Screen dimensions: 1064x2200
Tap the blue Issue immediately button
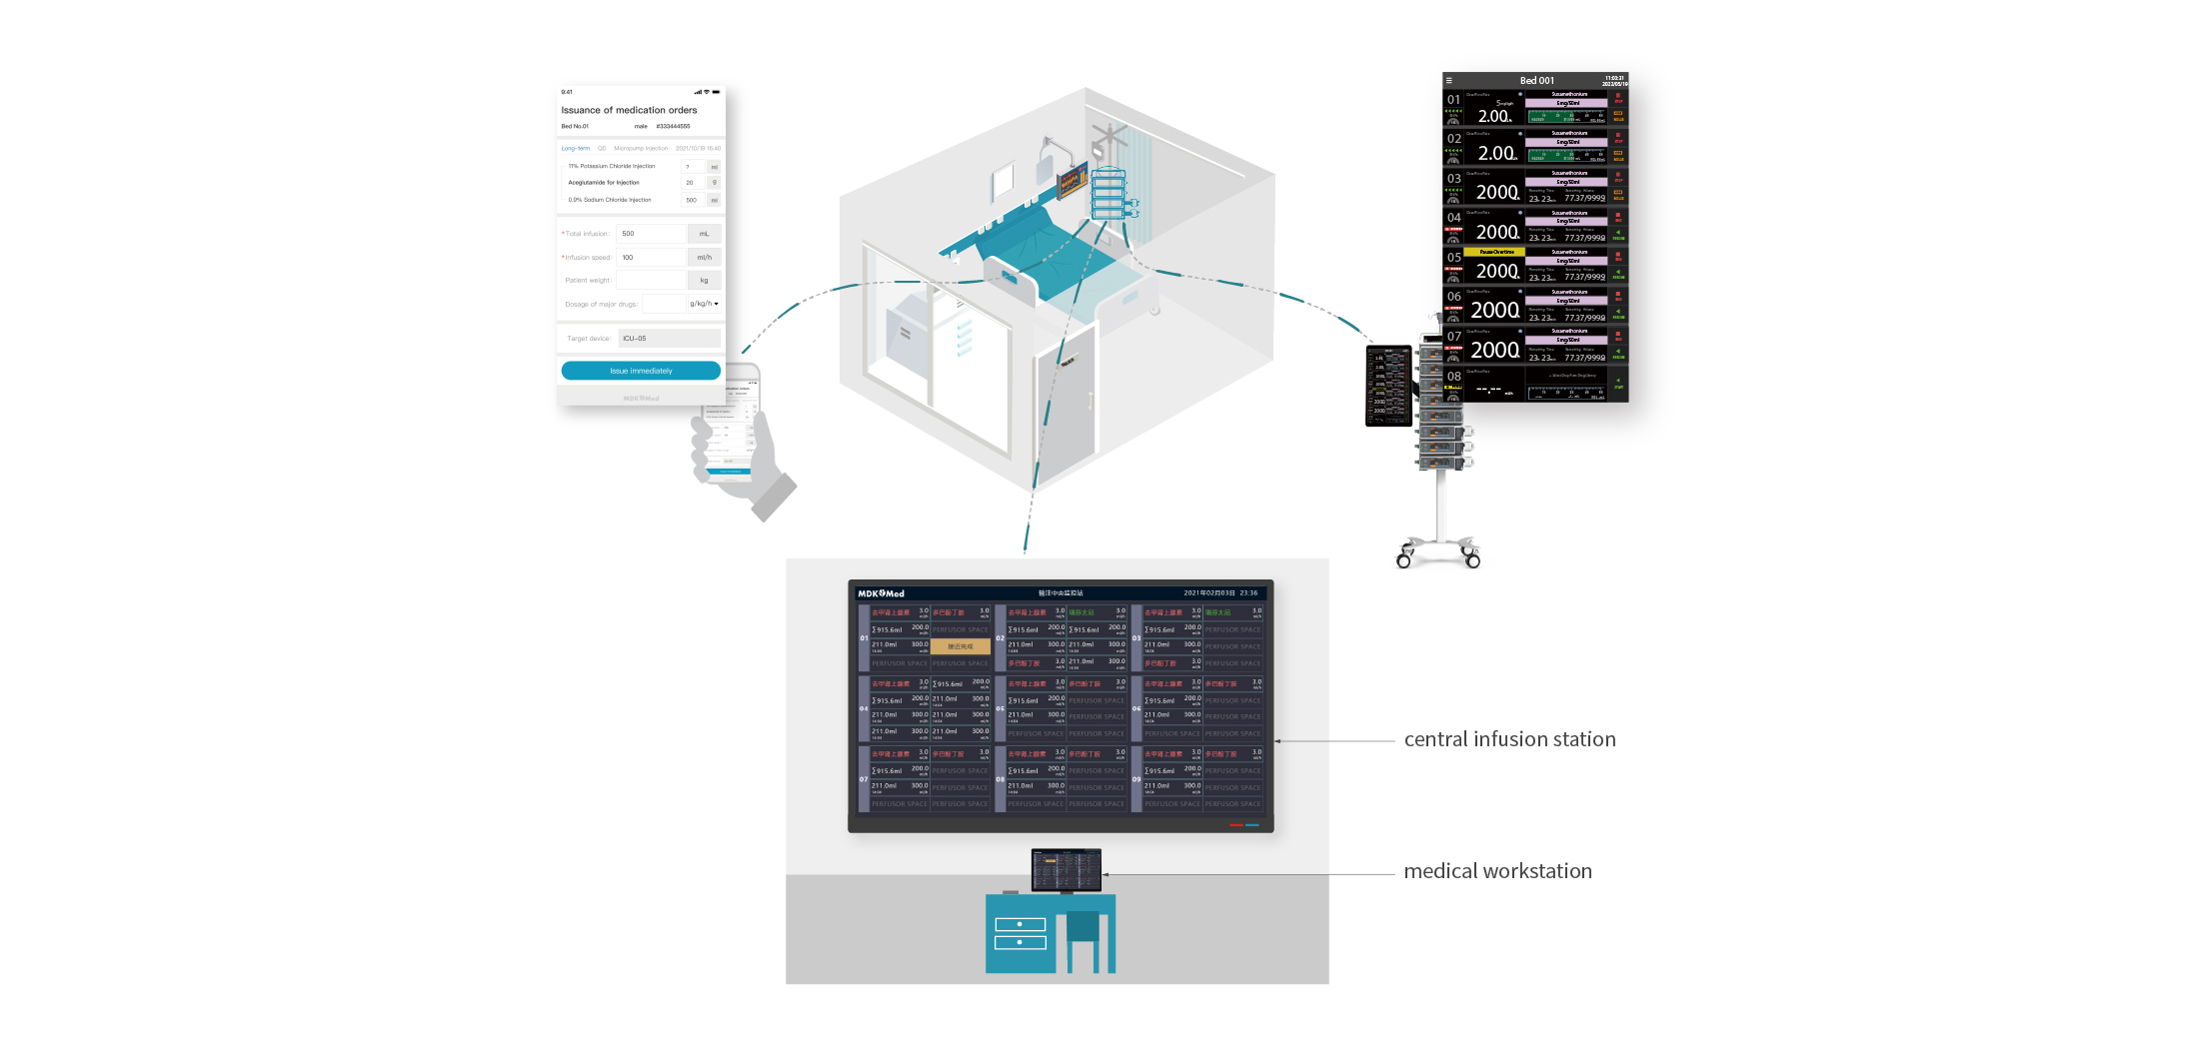click(641, 371)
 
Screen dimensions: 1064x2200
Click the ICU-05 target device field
click(669, 339)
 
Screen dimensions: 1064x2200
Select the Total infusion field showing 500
click(651, 234)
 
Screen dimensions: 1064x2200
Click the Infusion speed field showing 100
click(651, 258)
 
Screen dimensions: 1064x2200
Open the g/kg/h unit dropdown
click(704, 304)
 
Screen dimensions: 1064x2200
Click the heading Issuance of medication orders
click(629, 110)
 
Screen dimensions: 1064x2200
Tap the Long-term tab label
click(575, 148)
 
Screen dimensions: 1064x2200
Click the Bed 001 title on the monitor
click(1536, 81)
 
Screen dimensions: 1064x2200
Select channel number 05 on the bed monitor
click(1453, 258)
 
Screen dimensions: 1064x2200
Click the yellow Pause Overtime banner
click(1495, 252)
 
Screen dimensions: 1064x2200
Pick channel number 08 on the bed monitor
click(1453, 377)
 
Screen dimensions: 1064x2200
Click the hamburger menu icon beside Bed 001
click(1448, 81)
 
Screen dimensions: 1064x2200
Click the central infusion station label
click(1509, 739)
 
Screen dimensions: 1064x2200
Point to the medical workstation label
click(1497, 871)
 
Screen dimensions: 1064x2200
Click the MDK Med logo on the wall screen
click(881, 593)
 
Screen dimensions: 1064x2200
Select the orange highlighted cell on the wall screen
click(960, 646)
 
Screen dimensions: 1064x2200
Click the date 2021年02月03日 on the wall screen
click(1207, 593)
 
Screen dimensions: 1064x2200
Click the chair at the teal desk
click(1083, 934)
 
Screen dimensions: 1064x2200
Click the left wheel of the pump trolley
click(1403, 561)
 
